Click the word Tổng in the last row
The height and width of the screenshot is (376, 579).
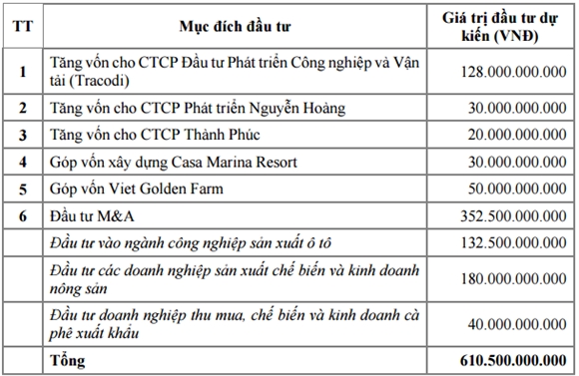67,359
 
